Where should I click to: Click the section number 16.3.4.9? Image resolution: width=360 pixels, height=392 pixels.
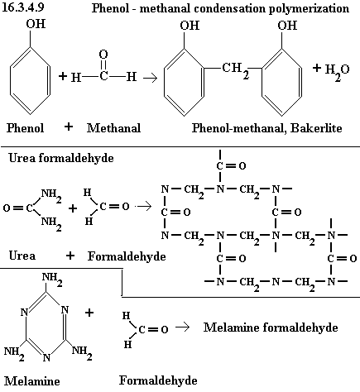22,7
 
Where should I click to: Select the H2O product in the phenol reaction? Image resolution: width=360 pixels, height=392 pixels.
337,71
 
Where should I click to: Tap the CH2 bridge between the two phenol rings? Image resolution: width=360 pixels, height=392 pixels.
236,69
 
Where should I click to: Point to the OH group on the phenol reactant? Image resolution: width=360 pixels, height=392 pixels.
36,24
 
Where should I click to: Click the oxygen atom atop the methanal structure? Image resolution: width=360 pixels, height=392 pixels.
103,55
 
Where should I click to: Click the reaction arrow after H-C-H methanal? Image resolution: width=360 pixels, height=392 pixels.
150,79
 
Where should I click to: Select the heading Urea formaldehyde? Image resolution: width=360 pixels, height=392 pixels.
61,158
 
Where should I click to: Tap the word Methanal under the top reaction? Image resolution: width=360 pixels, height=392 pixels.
113,128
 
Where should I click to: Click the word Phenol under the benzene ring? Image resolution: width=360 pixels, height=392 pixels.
26,128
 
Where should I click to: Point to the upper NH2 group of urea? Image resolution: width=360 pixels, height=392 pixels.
51,195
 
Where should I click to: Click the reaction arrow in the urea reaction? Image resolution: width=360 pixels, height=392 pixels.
144,206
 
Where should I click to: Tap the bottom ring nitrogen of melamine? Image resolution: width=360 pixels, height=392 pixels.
47,357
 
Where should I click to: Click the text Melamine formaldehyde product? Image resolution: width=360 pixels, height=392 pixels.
271,327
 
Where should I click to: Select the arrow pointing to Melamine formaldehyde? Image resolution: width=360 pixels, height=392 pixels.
183,327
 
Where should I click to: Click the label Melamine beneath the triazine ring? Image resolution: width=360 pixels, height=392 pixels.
32,381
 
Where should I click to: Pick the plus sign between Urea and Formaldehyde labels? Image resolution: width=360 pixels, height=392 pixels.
70,256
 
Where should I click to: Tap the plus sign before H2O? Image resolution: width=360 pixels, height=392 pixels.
317,68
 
